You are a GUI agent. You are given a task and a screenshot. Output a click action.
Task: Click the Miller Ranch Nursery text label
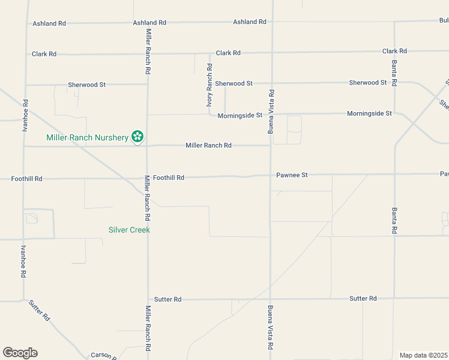pyautogui.click(x=88, y=138)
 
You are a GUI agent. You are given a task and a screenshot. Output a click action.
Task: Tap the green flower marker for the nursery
pyautogui.click(x=137, y=137)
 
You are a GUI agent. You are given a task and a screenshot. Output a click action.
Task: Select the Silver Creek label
pyautogui.click(x=129, y=230)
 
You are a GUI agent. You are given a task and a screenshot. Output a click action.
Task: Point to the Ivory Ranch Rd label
pyautogui.click(x=209, y=85)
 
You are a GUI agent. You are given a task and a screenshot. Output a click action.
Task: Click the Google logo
pyautogui.click(x=20, y=353)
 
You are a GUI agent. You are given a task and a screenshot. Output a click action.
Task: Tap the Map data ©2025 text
pyautogui.click(x=423, y=355)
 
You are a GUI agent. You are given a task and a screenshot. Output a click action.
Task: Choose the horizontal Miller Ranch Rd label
pyautogui.click(x=208, y=145)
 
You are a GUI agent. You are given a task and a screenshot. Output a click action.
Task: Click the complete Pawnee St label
pyautogui.click(x=292, y=175)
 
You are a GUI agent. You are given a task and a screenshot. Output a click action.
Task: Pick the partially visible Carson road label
pyautogui.click(x=102, y=355)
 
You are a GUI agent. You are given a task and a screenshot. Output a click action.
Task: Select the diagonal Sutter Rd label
pyautogui.click(x=39, y=310)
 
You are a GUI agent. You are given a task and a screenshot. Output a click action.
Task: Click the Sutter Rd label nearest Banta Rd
pyautogui.click(x=363, y=298)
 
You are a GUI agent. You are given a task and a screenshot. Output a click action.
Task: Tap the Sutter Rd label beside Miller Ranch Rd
pyautogui.click(x=167, y=299)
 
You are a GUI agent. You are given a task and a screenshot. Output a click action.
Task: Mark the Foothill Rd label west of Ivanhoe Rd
pyautogui.click(x=27, y=179)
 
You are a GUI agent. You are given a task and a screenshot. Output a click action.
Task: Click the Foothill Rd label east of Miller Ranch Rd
pyautogui.click(x=168, y=178)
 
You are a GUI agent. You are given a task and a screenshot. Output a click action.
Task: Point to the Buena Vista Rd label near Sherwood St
pyautogui.click(x=271, y=111)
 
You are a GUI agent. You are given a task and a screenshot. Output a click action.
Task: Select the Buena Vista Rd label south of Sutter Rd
pyautogui.click(x=271, y=329)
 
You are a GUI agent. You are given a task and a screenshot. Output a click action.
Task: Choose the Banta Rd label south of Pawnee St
pyautogui.click(x=394, y=220)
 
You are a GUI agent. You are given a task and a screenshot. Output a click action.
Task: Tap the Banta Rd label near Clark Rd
pyautogui.click(x=394, y=71)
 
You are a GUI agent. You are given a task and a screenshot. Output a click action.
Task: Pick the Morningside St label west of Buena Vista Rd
pyautogui.click(x=240, y=115)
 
